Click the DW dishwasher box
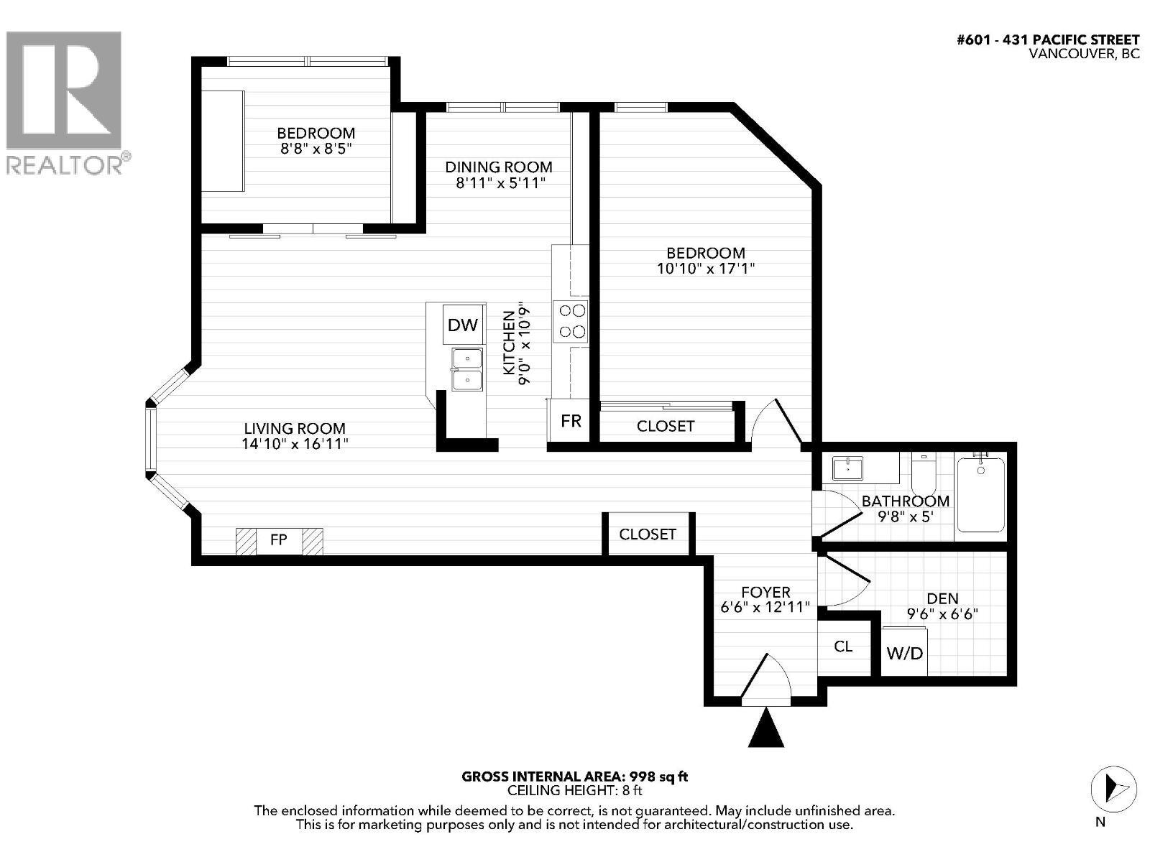462,325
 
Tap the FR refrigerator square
571,420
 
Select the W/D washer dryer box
904,652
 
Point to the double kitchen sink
466,369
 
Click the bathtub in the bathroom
980,495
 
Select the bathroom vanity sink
849,468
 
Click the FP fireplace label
279,539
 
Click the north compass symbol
1113,788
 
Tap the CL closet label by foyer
843,646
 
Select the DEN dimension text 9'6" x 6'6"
942,614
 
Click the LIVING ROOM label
295,428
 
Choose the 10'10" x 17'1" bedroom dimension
705,269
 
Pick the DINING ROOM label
498,167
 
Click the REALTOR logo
65,101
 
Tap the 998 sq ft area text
658,776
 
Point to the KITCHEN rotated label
508,343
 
